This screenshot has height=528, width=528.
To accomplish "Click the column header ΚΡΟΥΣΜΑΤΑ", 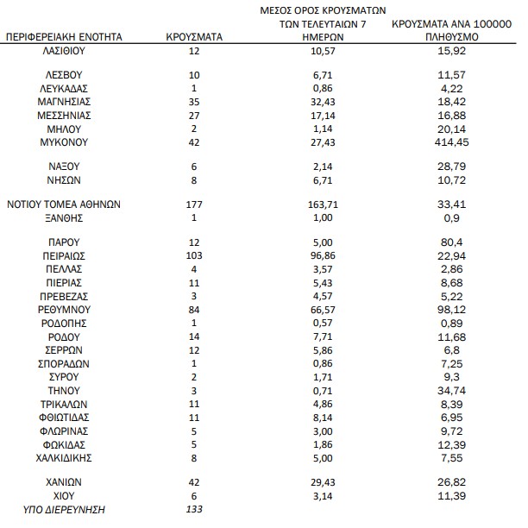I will pos(194,38).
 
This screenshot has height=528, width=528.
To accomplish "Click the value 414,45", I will pos(453,141).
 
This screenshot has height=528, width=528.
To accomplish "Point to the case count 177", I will pos(194,204).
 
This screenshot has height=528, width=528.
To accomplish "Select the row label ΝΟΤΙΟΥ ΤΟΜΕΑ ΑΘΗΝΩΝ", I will pos(65,204).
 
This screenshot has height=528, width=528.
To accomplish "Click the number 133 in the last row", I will pos(194,510).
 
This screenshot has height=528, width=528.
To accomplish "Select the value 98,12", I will pos(453,308).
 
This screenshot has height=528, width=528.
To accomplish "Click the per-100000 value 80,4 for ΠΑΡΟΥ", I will pos(453,243).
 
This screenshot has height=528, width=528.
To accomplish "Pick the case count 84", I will pos(194,308).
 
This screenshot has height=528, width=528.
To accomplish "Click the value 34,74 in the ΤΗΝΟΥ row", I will pos(453,392).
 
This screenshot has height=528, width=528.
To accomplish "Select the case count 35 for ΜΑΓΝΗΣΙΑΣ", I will pos(194,101).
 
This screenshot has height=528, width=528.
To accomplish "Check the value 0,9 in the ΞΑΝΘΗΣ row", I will pos(453,217).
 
